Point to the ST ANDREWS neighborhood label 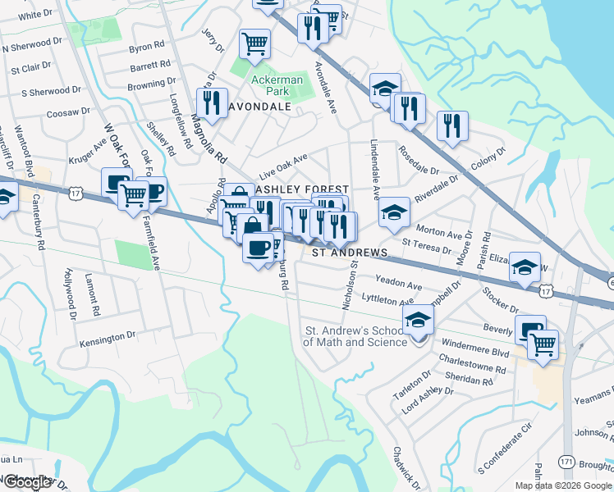pos(350,252)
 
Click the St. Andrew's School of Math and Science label pos(355,336)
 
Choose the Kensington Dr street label pos(108,337)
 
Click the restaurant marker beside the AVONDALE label pos(213,103)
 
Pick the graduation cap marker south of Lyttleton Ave pos(419,320)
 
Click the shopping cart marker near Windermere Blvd pos(543,344)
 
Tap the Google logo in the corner pos(27,482)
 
